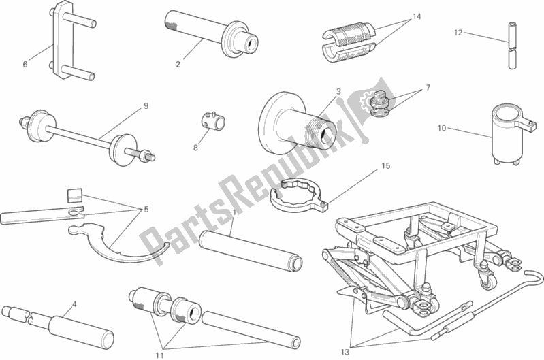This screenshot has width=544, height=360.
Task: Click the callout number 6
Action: (x=25, y=65)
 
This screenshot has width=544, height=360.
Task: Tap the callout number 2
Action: (x=178, y=65)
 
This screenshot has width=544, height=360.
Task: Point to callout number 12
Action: (x=458, y=31)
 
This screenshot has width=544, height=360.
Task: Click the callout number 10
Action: (x=441, y=128)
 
